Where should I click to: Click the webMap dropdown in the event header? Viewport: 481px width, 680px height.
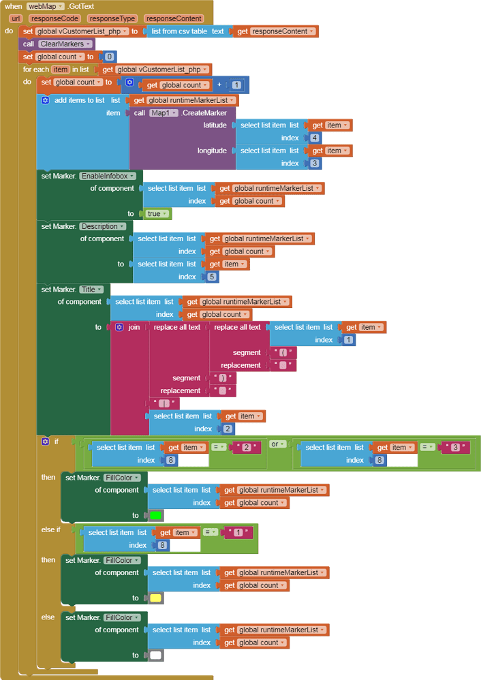point(46,6)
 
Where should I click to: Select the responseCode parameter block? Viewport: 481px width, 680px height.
point(54,18)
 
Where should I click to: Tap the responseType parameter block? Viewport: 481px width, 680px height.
point(112,18)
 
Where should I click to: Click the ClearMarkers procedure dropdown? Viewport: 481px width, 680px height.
point(65,44)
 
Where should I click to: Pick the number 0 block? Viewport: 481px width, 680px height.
point(109,57)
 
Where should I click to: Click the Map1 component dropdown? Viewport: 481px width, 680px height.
point(164,112)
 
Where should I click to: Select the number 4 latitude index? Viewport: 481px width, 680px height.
point(314,138)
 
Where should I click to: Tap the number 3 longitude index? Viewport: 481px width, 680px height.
point(314,164)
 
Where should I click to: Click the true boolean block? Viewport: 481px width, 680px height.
point(157,213)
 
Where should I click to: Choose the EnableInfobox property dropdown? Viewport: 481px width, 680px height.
point(108,176)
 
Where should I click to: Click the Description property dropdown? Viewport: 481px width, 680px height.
point(103,226)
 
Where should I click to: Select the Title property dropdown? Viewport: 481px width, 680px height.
point(91,289)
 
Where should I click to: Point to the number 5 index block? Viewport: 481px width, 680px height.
point(211,277)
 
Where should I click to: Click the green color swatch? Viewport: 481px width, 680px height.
point(155,516)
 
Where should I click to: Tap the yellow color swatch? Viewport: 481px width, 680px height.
point(155,598)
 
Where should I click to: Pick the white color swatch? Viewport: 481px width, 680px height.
point(155,655)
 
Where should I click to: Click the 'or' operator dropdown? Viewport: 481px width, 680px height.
point(278,444)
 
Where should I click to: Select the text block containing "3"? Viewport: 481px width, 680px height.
point(455,447)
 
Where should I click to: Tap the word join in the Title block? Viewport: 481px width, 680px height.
point(134,327)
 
